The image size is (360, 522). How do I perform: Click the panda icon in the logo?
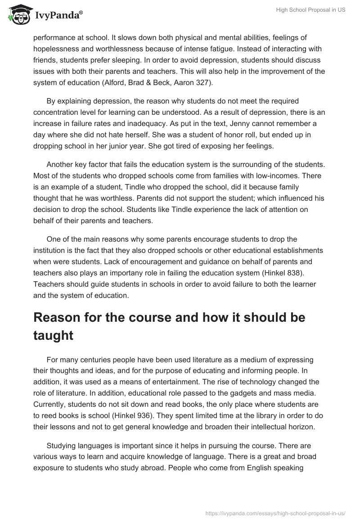point(17,14)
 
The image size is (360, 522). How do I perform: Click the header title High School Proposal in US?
point(311,10)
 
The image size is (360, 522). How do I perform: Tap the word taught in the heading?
point(53,335)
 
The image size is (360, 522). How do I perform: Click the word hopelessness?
point(58,49)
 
